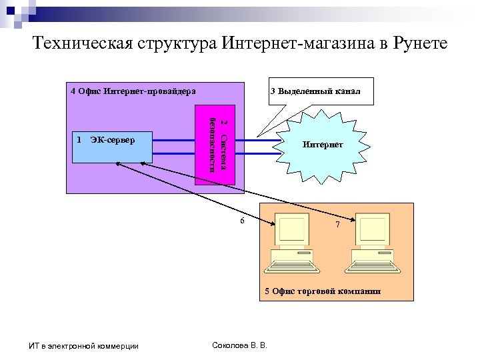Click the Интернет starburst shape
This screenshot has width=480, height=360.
(x=323, y=144)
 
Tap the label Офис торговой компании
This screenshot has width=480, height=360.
(x=323, y=291)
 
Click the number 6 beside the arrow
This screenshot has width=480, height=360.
(x=242, y=220)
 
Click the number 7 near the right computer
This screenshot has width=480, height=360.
(x=337, y=225)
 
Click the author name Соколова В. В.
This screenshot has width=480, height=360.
(x=238, y=345)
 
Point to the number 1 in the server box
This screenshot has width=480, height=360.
(x=79, y=140)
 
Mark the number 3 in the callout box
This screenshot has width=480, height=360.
(x=273, y=91)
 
